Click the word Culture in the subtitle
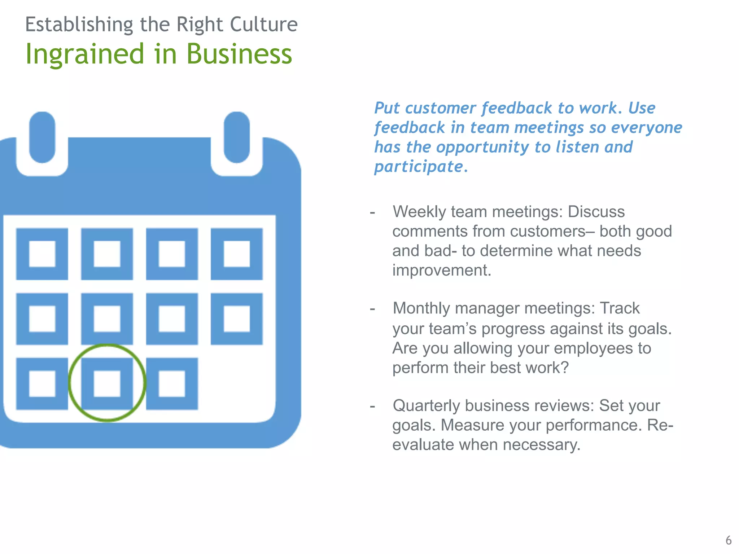pyautogui.click(x=263, y=25)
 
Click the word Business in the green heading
pyautogui.click(x=239, y=54)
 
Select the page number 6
pyautogui.click(x=728, y=540)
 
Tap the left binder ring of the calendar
pyautogui.click(x=42, y=137)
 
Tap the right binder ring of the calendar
pyautogui.click(x=237, y=137)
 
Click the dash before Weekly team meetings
pyautogui.click(x=372, y=212)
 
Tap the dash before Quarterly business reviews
pyautogui.click(x=372, y=406)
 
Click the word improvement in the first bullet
pyautogui.click(x=441, y=270)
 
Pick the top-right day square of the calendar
pyautogui.click(x=237, y=254)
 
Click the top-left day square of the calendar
pyautogui.click(x=42, y=254)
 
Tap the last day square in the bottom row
pyautogui.click(x=172, y=384)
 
